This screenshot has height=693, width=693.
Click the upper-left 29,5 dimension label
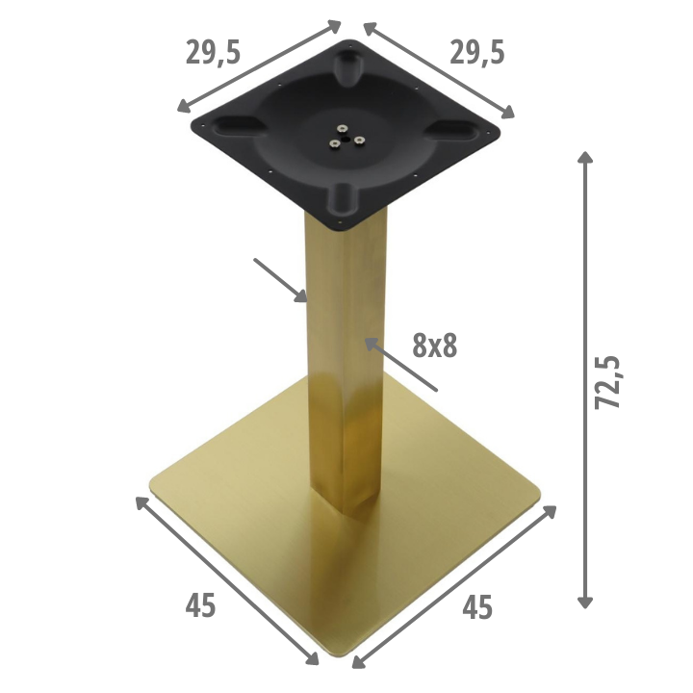pyautogui.click(x=213, y=53)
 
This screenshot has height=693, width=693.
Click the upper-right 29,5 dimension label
pyautogui.click(x=476, y=53)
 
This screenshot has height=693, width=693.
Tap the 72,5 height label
pyautogui.click(x=607, y=382)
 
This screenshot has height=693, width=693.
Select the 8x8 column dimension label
pyautogui.click(x=435, y=346)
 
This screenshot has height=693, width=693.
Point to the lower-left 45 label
pyautogui.click(x=200, y=605)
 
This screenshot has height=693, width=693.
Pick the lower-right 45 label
pyautogui.click(x=477, y=607)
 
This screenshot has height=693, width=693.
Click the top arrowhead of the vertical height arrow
pyautogui.click(x=585, y=157)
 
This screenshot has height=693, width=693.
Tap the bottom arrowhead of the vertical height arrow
pyautogui.click(x=585, y=602)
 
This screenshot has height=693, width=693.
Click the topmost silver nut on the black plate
pyautogui.click(x=342, y=129)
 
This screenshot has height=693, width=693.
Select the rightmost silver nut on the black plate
pyautogui.click(x=360, y=141)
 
